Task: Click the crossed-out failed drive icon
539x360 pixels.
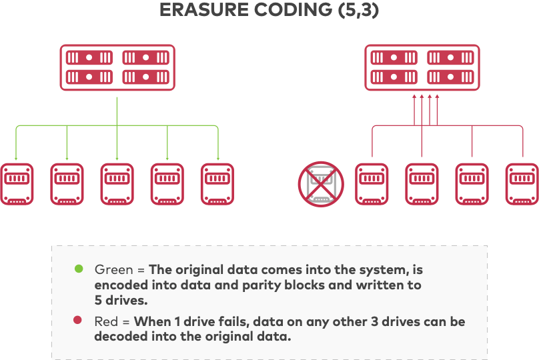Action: [x=320, y=183]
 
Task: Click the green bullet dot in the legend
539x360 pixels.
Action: [x=79, y=269]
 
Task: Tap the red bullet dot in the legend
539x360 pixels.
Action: [x=79, y=321]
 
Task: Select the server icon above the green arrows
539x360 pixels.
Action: [x=117, y=67]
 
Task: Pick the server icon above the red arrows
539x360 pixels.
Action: [x=422, y=67]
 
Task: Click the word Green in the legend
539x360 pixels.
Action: [x=114, y=270]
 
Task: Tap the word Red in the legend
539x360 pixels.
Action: [x=107, y=321]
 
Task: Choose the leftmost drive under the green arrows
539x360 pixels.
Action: [x=17, y=183]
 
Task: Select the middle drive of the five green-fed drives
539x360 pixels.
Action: [x=117, y=183]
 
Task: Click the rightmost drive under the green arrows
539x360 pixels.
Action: [x=217, y=183]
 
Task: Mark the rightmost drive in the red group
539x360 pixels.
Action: [x=522, y=183]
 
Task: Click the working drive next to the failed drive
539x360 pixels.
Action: [x=372, y=183]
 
